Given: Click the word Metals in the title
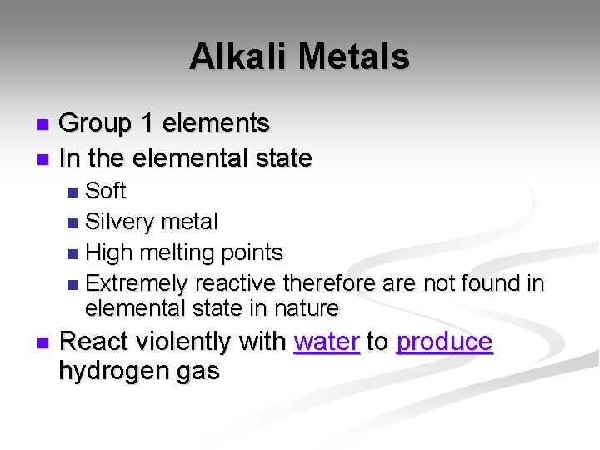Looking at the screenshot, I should (x=353, y=57).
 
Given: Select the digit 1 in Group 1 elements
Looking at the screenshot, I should (x=147, y=123).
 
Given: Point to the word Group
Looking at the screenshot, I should (x=96, y=124).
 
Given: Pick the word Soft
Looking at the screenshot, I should (x=106, y=191).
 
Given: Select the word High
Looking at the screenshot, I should (x=110, y=252).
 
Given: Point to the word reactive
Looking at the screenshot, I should (x=236, y=284).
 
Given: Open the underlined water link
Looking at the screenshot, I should (x=327, y=342).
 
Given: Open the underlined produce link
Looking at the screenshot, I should (x=444, y=342).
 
